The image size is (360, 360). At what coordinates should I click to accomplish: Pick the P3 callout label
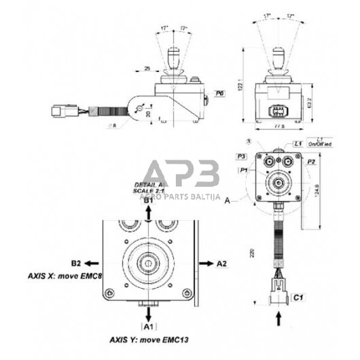coord(241,156)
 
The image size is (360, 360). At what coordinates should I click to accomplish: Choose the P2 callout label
coord(311,163)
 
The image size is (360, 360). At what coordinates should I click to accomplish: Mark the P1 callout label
coord(244,170)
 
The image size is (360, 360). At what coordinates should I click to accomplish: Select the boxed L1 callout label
coord(298,143)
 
